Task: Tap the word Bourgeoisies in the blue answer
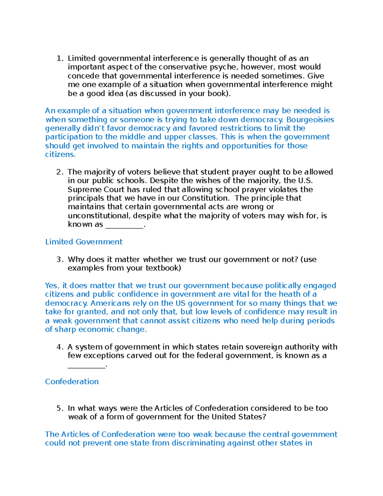click(310, 120)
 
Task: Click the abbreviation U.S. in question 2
click(305, 181)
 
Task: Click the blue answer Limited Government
click(84, 242)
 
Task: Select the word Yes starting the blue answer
click(51, 286)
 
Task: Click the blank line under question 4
click(86, 366)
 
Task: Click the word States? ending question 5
click(252, 417)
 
